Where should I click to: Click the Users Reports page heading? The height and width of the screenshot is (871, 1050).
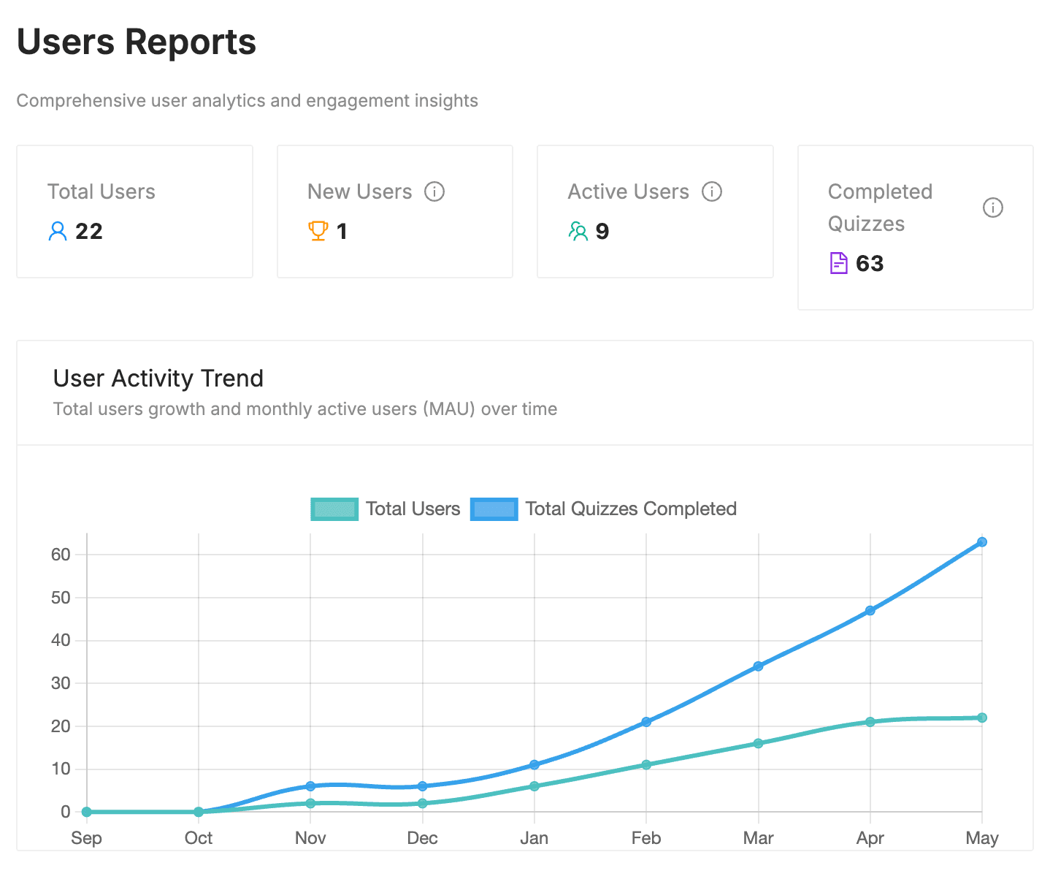tap(137, 42)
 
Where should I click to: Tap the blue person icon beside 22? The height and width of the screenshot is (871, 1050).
tap(57, 232)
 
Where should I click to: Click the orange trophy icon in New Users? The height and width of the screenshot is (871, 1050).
tap(318, 231)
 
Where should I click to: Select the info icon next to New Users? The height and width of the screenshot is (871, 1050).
tap(434, 191)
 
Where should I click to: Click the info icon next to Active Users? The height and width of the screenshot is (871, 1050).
tap(712, 191)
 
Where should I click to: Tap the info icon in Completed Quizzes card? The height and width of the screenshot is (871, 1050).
tap(992, 208)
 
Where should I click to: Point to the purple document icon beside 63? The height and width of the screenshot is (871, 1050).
tap(839, 263)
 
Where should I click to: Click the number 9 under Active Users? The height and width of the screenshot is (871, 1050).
tap(602, 232)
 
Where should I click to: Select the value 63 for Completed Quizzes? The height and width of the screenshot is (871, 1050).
tap(870, 264)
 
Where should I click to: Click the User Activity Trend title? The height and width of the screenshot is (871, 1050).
tap(158, 379)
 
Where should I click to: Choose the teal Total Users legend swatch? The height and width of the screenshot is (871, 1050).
tap(334, 509)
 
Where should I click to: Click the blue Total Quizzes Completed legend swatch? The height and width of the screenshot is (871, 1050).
tap(494, 509)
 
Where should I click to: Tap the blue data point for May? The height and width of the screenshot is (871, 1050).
tap(982, 542)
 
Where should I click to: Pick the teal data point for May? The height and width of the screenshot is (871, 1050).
tap(982, 718)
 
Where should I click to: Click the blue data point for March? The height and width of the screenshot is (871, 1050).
tap(758, 666)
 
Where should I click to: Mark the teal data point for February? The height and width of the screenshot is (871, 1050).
tap(646, 765)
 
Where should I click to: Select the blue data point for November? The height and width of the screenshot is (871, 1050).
tap(310, 786)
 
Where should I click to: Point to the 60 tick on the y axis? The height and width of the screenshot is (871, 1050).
tap(61, 555)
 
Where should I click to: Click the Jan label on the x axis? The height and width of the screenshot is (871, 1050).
tap(534, 838)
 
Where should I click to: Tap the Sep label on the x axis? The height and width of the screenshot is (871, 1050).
tap(86, 838)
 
